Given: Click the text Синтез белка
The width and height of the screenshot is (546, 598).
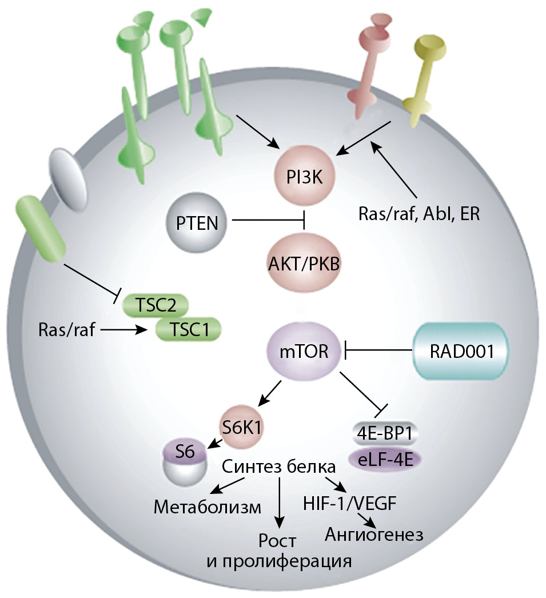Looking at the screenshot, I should point(278,467).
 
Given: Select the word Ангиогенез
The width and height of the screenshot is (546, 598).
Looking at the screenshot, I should point(374,535).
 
